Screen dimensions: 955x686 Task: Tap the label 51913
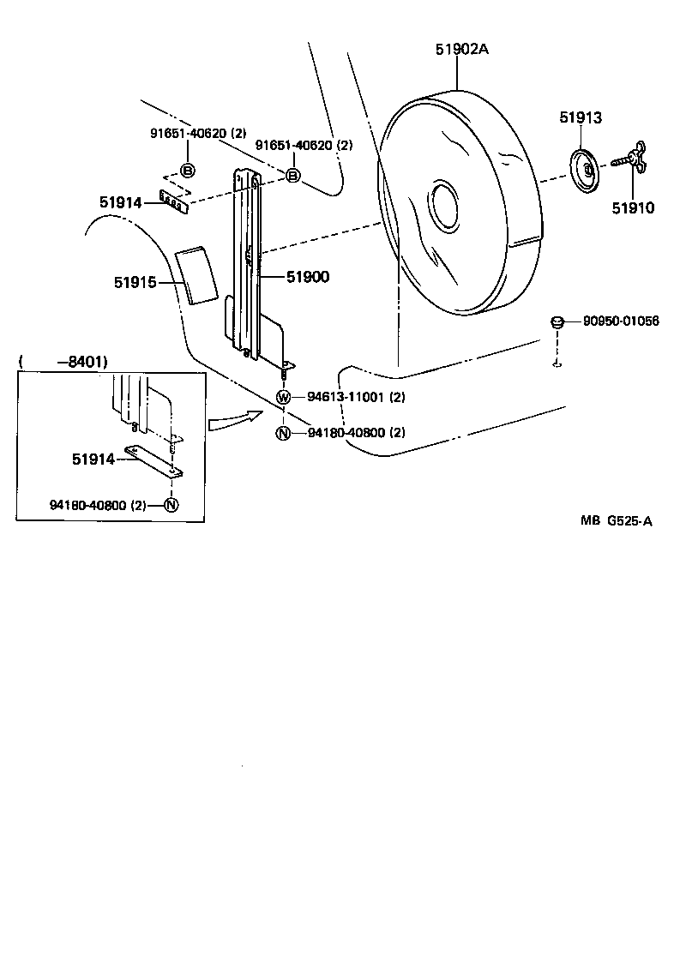coord(581,118)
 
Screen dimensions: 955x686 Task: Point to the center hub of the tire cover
coord(447,206)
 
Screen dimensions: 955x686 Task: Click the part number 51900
coord(308,277)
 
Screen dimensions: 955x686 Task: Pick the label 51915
coord(135,281)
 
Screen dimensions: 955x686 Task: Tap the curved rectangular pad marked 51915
coord(196,275)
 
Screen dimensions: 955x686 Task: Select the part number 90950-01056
coord(621,321)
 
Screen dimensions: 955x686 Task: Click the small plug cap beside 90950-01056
coord(557,322)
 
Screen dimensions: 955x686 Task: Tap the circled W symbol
coord(283,397)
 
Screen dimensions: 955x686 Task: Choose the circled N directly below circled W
coord(283,433)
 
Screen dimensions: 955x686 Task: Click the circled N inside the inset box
coord(171,505)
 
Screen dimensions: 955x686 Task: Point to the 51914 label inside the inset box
coord(93,459)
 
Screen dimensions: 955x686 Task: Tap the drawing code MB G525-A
coord(615,520)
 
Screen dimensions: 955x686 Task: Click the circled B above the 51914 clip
coord(187,169)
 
